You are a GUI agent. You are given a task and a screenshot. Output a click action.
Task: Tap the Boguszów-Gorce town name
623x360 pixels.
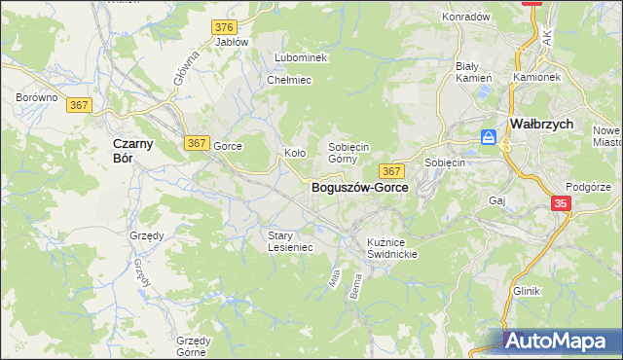pyautogui.click(x=359, y=187)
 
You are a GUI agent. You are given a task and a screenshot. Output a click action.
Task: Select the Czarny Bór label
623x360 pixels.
pyautogui.click(x=124, y=150)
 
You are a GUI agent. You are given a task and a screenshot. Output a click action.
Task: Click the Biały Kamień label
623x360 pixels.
pyautogui.click(x=474, y=71)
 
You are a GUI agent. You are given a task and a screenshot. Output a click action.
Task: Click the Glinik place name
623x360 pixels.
pyautogui.click(x=527, y=291)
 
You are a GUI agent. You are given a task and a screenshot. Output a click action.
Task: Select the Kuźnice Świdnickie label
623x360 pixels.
pyautogui.click(x=392, y=247)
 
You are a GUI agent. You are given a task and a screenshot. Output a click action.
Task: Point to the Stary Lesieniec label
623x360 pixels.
pyautogui.click(x=290, y=240)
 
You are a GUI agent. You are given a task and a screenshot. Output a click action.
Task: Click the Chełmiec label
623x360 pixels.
pyautogui.click(x=288, y=80)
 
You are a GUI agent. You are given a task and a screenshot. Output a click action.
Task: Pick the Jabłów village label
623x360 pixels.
pyautogui.click(x=232, y=43)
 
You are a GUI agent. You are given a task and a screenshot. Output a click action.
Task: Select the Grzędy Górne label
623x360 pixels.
pyautogui.click(x=194, y=346)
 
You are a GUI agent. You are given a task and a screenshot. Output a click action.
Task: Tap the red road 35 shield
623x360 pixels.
pyautogui.click(x=562, y=203)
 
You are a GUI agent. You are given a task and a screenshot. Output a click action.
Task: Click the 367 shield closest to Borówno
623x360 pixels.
pyautogui.click(x=80, y=105)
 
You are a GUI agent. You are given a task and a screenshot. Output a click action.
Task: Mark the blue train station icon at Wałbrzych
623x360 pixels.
pyautogui.click(x=490, y=138)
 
